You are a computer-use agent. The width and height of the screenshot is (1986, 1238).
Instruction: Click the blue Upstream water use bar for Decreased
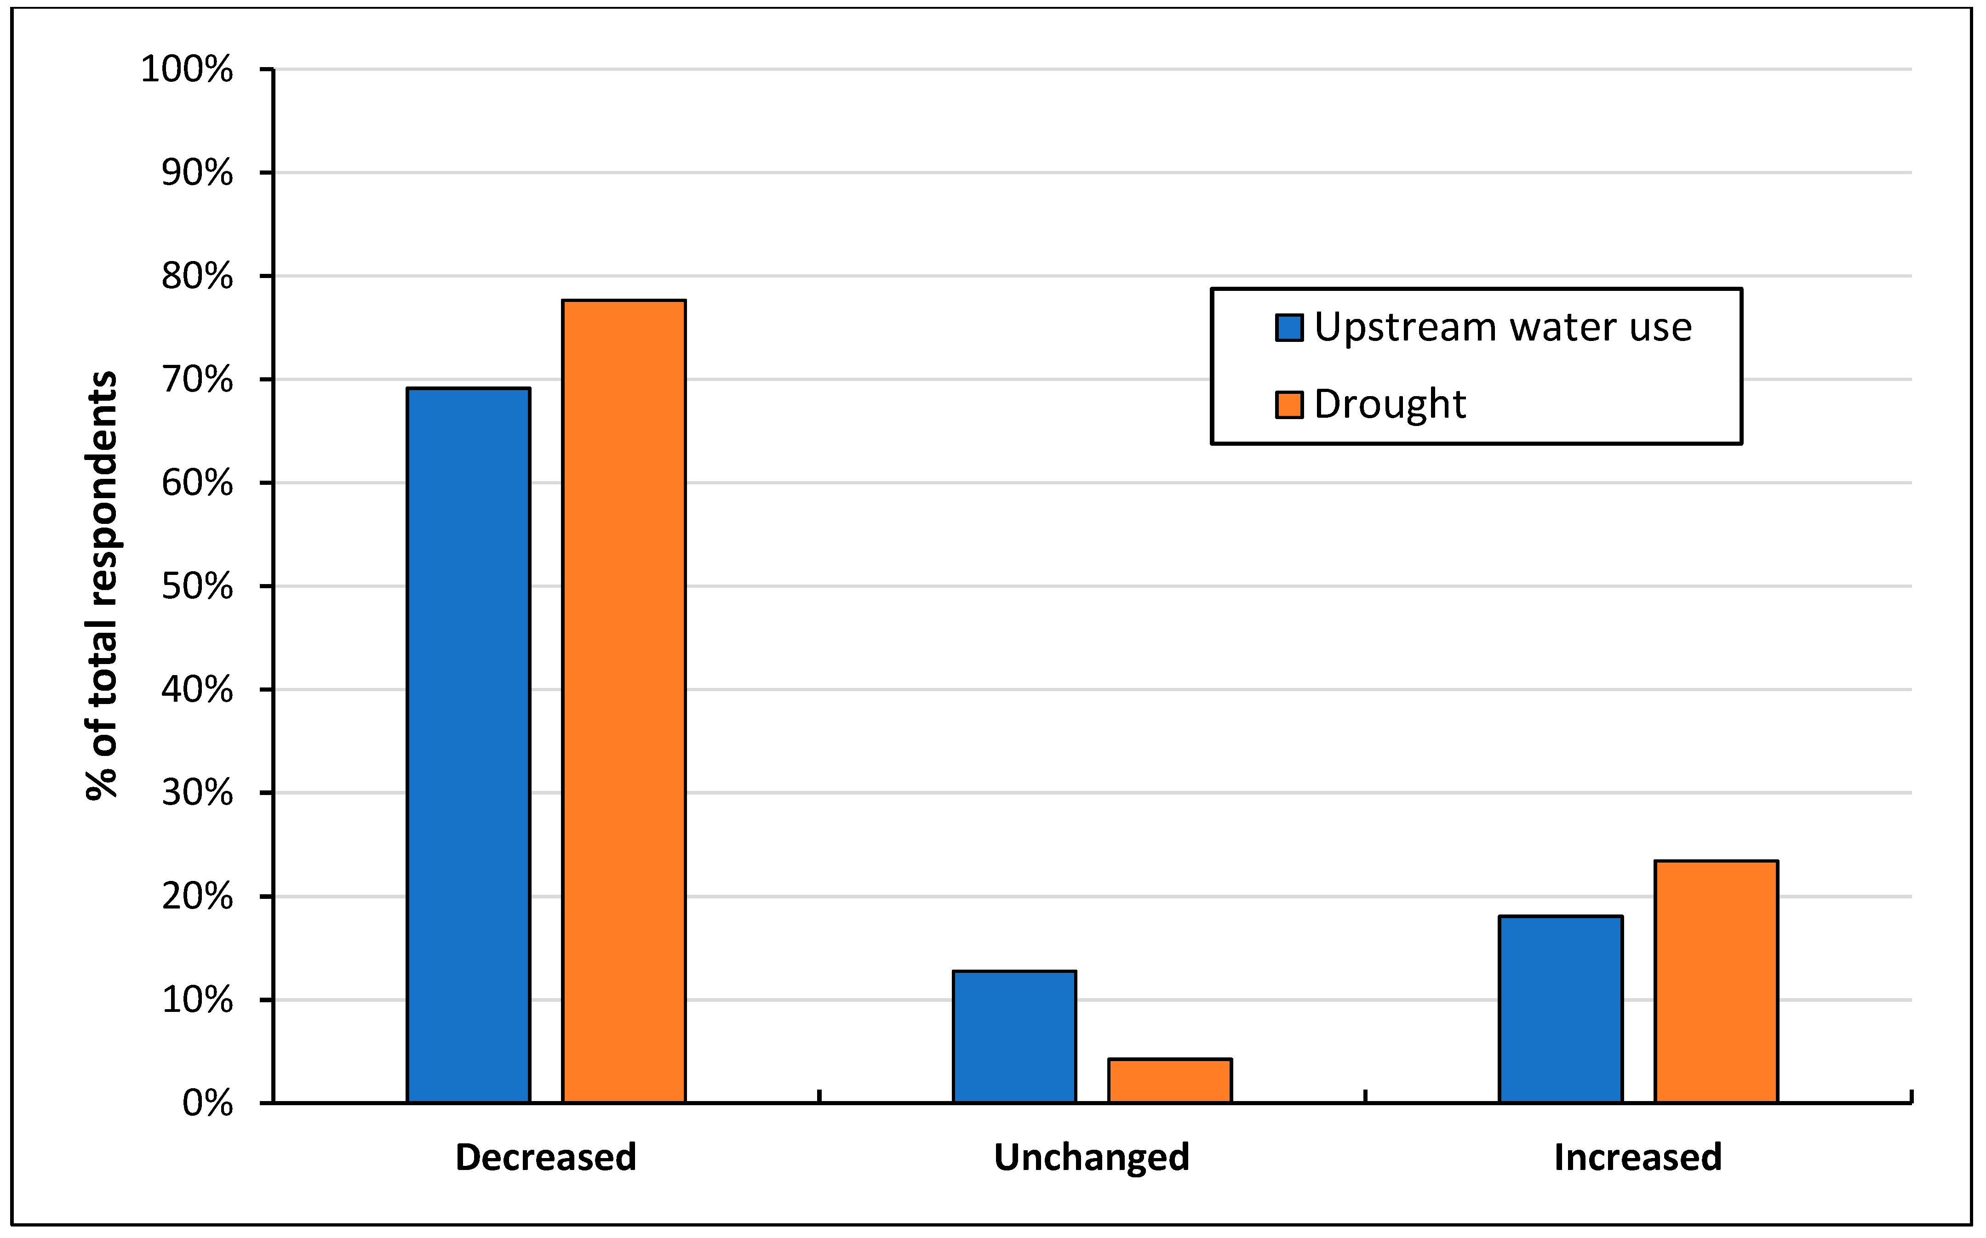pos(469,745)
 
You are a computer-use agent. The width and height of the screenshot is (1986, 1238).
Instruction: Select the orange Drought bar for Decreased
pos(624,702)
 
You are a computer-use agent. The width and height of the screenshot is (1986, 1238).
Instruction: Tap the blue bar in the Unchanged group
pos(1014,1037)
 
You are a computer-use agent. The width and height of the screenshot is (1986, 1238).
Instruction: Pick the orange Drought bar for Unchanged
pos(1170,1081)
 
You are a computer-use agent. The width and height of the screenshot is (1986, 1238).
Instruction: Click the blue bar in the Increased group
pos(1561,1010)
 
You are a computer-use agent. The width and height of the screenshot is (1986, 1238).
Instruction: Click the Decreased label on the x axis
pos(546,1158)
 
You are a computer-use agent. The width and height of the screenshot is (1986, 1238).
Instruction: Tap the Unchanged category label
pos(1091,1158)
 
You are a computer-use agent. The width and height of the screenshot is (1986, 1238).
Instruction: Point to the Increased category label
pos(1638,1158)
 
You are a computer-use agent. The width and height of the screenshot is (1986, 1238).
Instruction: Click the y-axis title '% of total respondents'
pos(103,585)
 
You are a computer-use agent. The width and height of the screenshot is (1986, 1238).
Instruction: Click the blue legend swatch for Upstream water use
pos(1289,328)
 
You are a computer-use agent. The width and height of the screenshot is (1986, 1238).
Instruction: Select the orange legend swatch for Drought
pos(1289,404)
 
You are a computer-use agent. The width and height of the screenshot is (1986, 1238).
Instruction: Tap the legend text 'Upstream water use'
pos(1503,328)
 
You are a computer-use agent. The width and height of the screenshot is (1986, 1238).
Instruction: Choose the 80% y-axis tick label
pos(197,277)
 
